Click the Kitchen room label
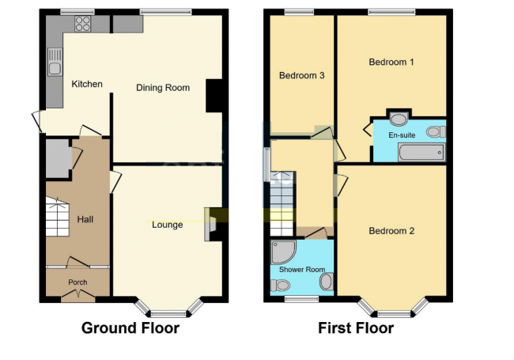(x=87, y=84)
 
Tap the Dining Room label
(x=163, y=88)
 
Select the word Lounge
(x=167, y=225)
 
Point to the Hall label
(x=85, y=219)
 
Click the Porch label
(x=77, y=282)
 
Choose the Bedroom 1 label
(x=391, y=62)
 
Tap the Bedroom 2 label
(x=391, y=231)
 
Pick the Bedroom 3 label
(x=301, y=76)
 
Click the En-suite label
(x=402, y=135)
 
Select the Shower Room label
(x=302, y=270)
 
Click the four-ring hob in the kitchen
(x=82, y=24)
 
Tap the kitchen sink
(x=55, y=62)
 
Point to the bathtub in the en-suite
(x=422, y=153)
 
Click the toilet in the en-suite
(x=436, y=132)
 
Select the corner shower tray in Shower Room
(x=283, y=252)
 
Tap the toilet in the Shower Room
(x=279, y=285)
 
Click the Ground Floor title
(x=130, y=328)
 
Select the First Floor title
(x=356, y=328)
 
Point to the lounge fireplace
(x=210, y=225)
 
